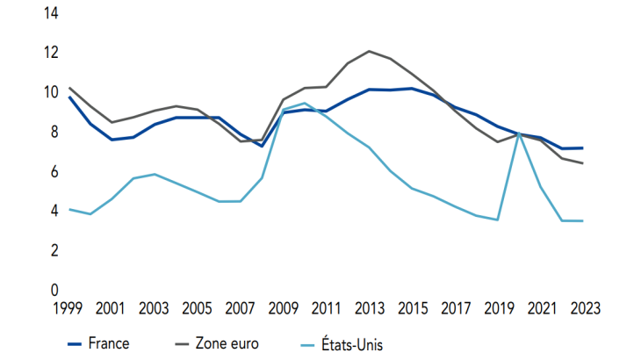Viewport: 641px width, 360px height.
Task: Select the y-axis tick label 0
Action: (54, 290)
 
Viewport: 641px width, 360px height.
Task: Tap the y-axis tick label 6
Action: (54, 171)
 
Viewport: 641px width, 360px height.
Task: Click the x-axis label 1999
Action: (69, 308)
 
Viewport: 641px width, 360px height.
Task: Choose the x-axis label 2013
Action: (369, 308)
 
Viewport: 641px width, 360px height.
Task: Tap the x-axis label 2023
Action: (583, 308)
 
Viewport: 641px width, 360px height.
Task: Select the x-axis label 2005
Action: (198, 308)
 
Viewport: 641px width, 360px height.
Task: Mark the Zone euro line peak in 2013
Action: (369, 51)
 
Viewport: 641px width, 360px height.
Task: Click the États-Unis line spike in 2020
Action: (519, 133)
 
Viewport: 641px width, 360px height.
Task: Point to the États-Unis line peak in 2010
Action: (305, 104)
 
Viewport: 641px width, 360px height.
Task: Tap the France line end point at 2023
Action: (583, 148)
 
